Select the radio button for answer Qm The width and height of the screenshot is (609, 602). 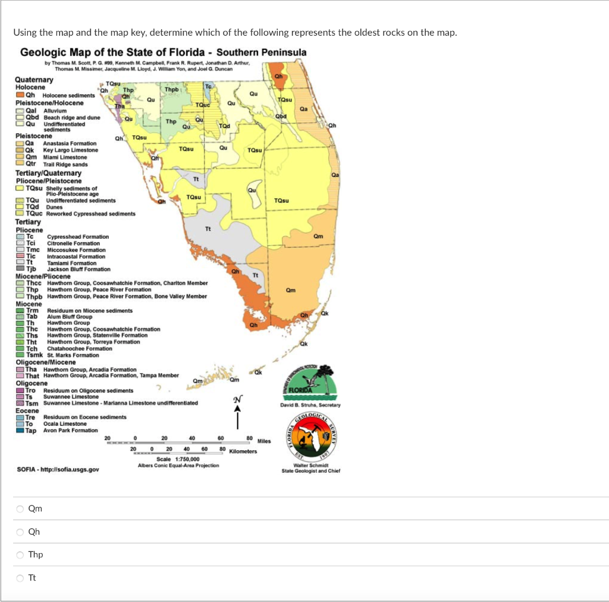pyautogui.click(x=20, y=509)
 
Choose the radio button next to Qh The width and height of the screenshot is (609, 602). pyautogui.click(x=20, y=532)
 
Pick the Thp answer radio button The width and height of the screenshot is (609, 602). pyautogui.click(x=20, y=555)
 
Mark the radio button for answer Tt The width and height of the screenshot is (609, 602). pyautogui.click(x=20, y=578)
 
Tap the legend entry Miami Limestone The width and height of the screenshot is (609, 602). pyautogui.click(x=65, y=157)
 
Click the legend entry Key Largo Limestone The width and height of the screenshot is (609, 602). pyautogui.click(x=71, y=150)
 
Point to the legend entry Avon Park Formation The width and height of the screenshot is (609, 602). pyautogui.click(x=70, y=431)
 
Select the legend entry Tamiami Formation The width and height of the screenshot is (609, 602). pyautogui.click(x=71, y=263)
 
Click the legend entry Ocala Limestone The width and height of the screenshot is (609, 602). pyautogui.click(x=65, y=424)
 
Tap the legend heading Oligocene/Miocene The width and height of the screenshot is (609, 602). pyautogui.click(x=46, y=362)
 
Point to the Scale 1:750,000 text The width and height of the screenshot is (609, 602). pyautogui.click(x=178, y=459)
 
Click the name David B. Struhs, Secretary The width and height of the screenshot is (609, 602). pyautogui.click(x=310, y=405)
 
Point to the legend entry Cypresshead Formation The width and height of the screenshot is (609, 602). pyautogui.click(x=77, y=237)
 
